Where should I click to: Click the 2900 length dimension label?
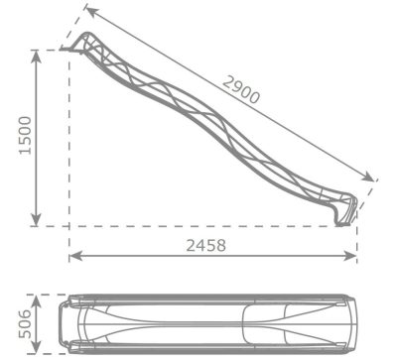241,89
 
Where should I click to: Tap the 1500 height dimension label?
26,135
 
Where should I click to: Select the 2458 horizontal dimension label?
206,245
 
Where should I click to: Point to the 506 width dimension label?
26,324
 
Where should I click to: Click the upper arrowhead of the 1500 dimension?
36,57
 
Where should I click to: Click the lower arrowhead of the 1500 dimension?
36,220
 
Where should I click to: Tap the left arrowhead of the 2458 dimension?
76,256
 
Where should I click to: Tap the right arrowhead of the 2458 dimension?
350,256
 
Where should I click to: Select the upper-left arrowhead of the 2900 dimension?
92,12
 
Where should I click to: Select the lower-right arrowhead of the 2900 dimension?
368,177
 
